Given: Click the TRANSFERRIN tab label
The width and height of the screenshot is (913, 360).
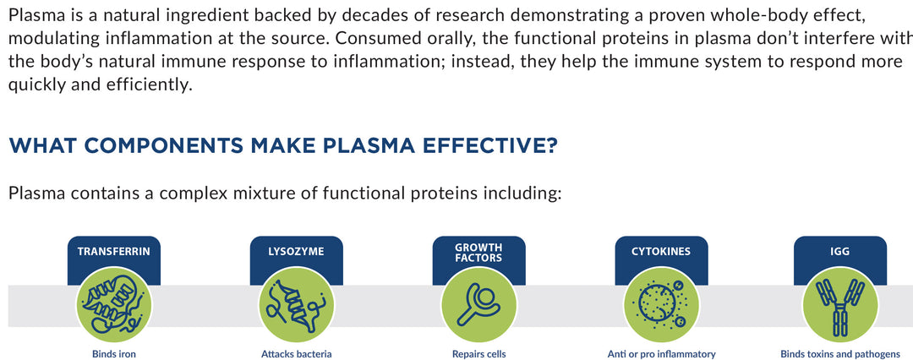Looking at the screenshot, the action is [114, 252].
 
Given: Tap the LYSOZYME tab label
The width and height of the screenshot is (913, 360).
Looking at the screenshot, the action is [296, 252].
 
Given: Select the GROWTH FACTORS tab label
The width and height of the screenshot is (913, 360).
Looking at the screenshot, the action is [478, 252].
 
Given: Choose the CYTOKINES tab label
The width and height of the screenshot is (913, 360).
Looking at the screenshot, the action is [661, 252].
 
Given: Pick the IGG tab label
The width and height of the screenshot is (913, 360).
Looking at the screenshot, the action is [840, 252].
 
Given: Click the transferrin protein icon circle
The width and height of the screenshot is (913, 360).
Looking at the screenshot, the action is [114, 305].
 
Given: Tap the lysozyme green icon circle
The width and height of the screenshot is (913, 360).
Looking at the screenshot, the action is [297, 305].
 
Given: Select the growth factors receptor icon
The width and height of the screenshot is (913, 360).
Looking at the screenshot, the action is [478, 305].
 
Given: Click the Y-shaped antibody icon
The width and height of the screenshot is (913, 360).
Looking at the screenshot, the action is [840, 305].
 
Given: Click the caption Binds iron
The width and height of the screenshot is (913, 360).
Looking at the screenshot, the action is [114, 353].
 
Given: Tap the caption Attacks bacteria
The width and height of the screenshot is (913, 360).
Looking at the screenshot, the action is [297, 353].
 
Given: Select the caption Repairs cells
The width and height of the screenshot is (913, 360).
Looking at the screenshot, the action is [478, 353].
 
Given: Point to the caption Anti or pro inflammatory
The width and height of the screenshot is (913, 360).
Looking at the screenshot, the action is [661, 353].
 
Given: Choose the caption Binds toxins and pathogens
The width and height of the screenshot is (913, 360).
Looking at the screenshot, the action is [840, 353].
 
